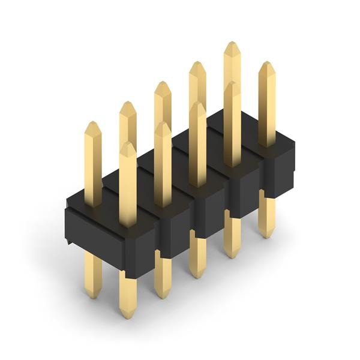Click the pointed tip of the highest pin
click(x=232, y=43)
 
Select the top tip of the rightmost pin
click(x=267, y=62)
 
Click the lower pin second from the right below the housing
click(x=232, y=237)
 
